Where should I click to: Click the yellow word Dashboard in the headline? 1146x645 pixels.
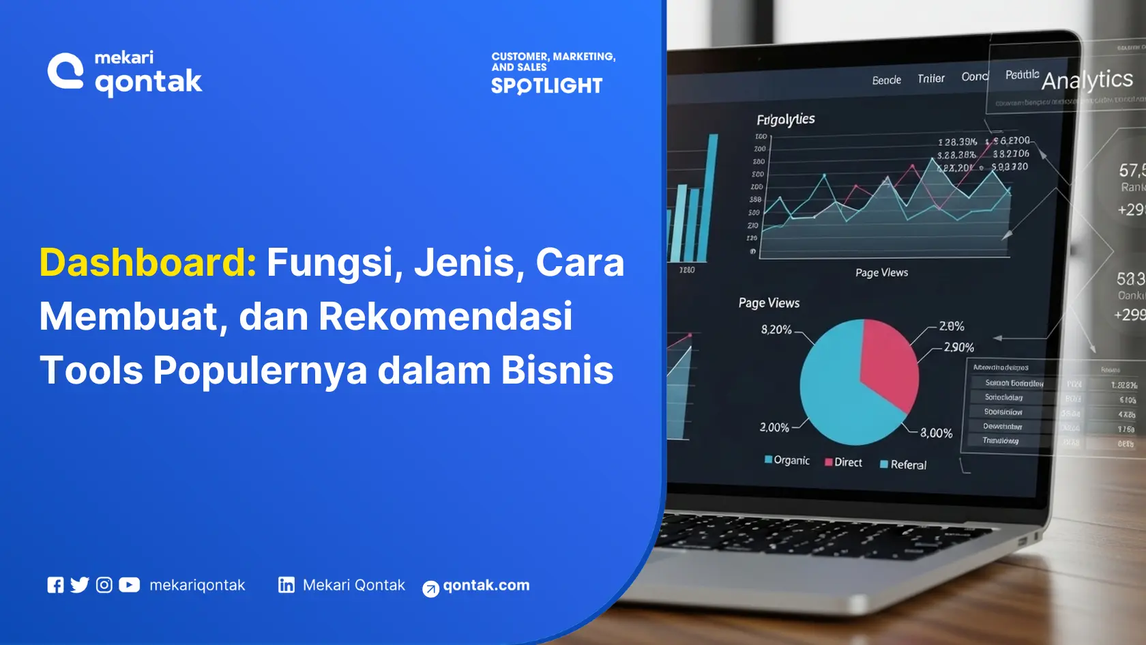147,263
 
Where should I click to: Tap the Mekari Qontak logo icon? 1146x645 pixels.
65,71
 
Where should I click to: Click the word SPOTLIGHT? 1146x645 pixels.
546,86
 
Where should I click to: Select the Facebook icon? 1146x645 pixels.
55,585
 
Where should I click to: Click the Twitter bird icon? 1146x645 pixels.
80,585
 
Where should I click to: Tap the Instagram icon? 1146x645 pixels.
104,585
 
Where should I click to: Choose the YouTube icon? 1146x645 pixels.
129,585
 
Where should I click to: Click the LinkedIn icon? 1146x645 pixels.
286,585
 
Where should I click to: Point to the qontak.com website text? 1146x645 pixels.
486,585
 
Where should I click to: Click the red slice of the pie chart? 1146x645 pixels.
887,362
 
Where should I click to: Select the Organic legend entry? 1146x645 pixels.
788,461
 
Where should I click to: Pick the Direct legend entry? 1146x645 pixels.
844,463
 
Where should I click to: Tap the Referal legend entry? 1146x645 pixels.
904,465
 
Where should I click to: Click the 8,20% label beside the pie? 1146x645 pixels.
776,330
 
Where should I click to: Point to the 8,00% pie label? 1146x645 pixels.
936,433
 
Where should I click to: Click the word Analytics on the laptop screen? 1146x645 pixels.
1087,81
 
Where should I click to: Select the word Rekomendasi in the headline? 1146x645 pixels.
445,317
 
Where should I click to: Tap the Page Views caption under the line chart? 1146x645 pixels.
881,273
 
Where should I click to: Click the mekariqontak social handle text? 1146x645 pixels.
196,585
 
